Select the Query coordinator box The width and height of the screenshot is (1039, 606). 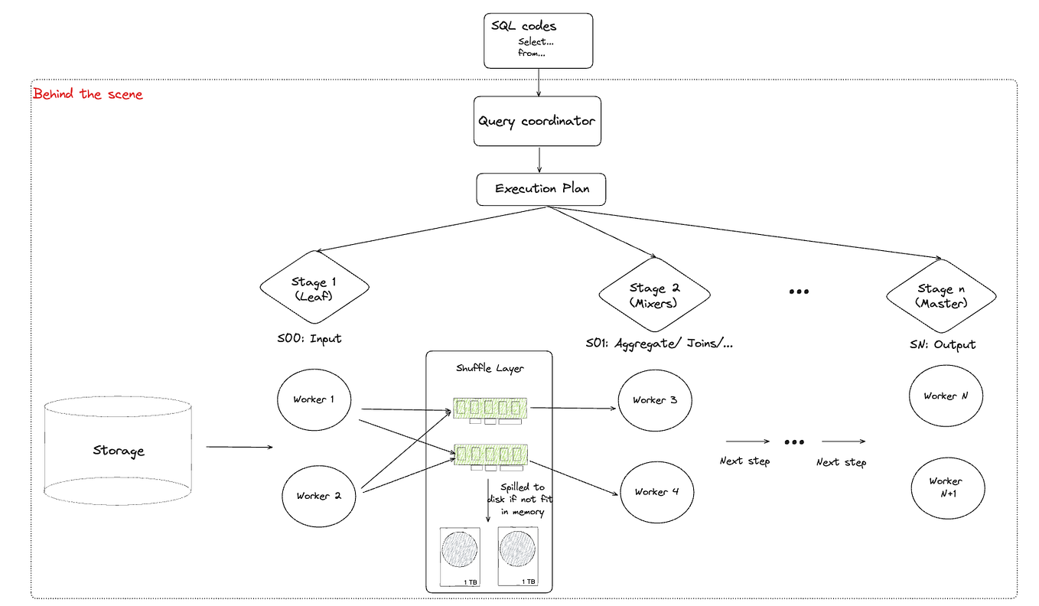coord(537,121)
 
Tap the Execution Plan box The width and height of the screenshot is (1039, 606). coord(541,189)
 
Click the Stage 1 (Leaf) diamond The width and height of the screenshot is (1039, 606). coord(314,288)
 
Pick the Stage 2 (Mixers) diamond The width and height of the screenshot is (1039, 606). coord(653,295)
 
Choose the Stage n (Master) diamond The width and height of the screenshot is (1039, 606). coord(940,295)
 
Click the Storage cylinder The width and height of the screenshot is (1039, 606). coord(118,451)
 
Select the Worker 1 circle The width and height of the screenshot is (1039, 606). coord(314,399)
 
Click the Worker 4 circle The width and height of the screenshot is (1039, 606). coord(656,492)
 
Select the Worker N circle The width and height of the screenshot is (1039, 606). coord(946,396)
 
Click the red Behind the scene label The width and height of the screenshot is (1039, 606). coord(88,95)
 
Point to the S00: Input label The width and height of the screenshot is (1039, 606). coord(309,338)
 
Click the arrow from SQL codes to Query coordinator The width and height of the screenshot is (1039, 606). coord(539,82)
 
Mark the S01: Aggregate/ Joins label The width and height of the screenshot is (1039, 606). coord(658,344)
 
